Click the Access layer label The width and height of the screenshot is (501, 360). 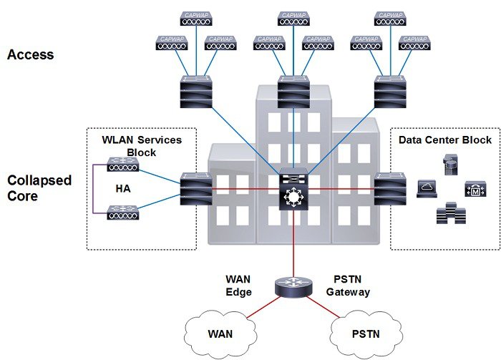pyautogui.click(x=31, y=54)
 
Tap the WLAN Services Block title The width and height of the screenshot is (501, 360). pyautogui.click(x=141, y=146)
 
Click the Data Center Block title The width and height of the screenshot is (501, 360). pyautogui.click(x=445, y=140)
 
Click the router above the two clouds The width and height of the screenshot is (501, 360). pyautogui.click(x=293, y=288)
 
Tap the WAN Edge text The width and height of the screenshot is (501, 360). pyautogui.click(x=239, y=285)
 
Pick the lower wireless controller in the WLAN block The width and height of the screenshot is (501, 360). pyautogui.click(x=123, y=212)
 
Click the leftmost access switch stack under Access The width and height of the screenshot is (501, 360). pyautogui.click(x=197, y=92)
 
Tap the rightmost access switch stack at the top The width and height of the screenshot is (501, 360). pyautogui.click(x=391, y=92)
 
